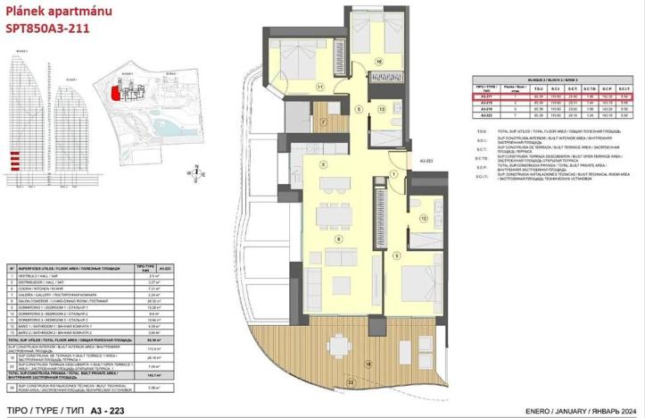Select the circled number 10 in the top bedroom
click(x=378, y=62)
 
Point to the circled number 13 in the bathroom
click(x=381, y=108)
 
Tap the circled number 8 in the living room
click(x=338, y=238)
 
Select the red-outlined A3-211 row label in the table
click(x=486, y=97)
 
